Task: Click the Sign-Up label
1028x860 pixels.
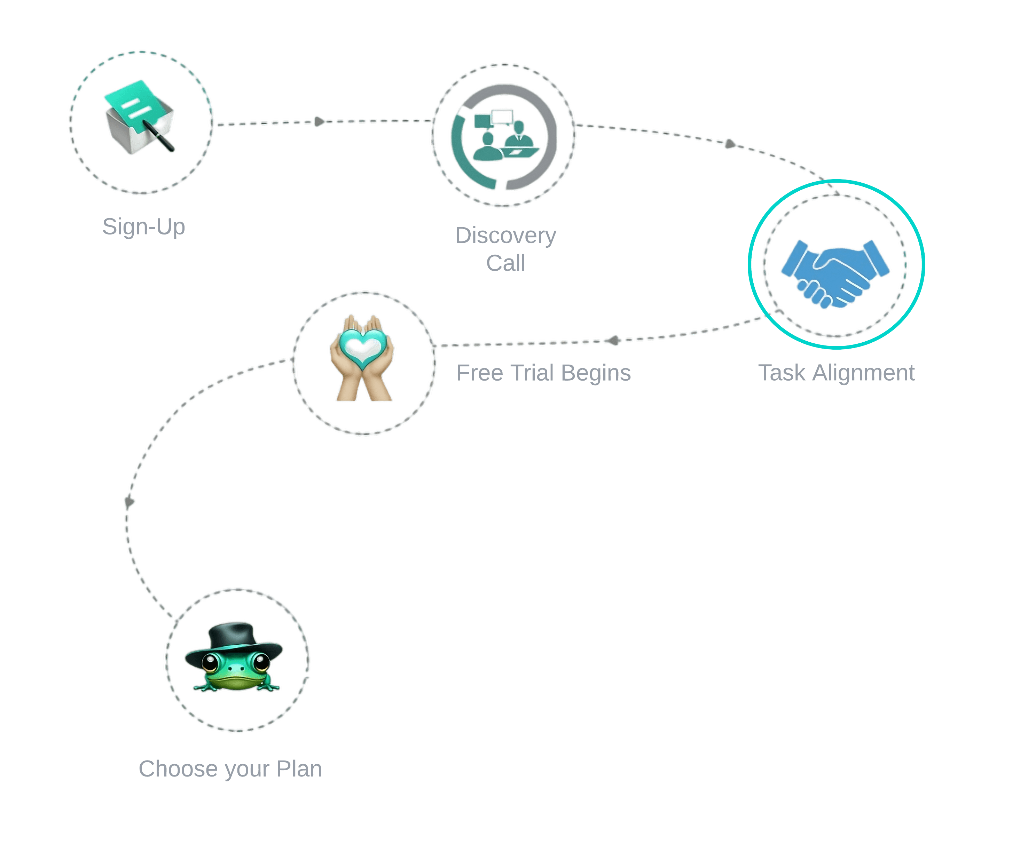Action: pos(143,227)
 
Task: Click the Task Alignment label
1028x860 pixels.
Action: pos(836,373)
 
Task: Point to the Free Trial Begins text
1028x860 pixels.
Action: pos(543,373)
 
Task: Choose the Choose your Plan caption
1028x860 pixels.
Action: pos(230,769)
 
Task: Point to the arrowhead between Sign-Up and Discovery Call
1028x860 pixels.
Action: pos(319,121)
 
